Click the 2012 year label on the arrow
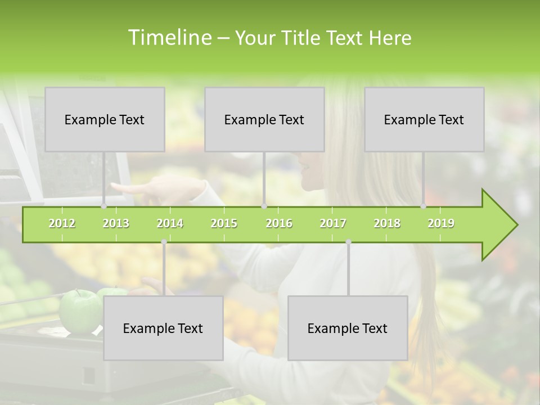62,223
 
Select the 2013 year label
116,223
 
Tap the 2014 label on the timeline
170,223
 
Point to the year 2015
224,223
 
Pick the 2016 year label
279,223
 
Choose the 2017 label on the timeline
333,223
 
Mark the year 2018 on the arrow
387,223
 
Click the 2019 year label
441,223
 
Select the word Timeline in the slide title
169,38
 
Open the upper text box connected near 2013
105,119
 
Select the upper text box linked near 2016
264,119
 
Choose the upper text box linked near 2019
424,119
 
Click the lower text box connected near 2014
163,328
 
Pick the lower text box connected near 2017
348,328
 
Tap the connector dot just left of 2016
264,206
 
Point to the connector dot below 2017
348,242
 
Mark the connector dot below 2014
164,242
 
